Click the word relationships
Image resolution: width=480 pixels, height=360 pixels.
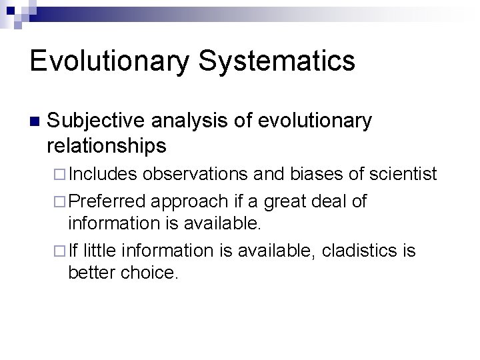[x=107, y=145]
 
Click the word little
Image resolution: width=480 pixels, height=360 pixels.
[x=97, y=251]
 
